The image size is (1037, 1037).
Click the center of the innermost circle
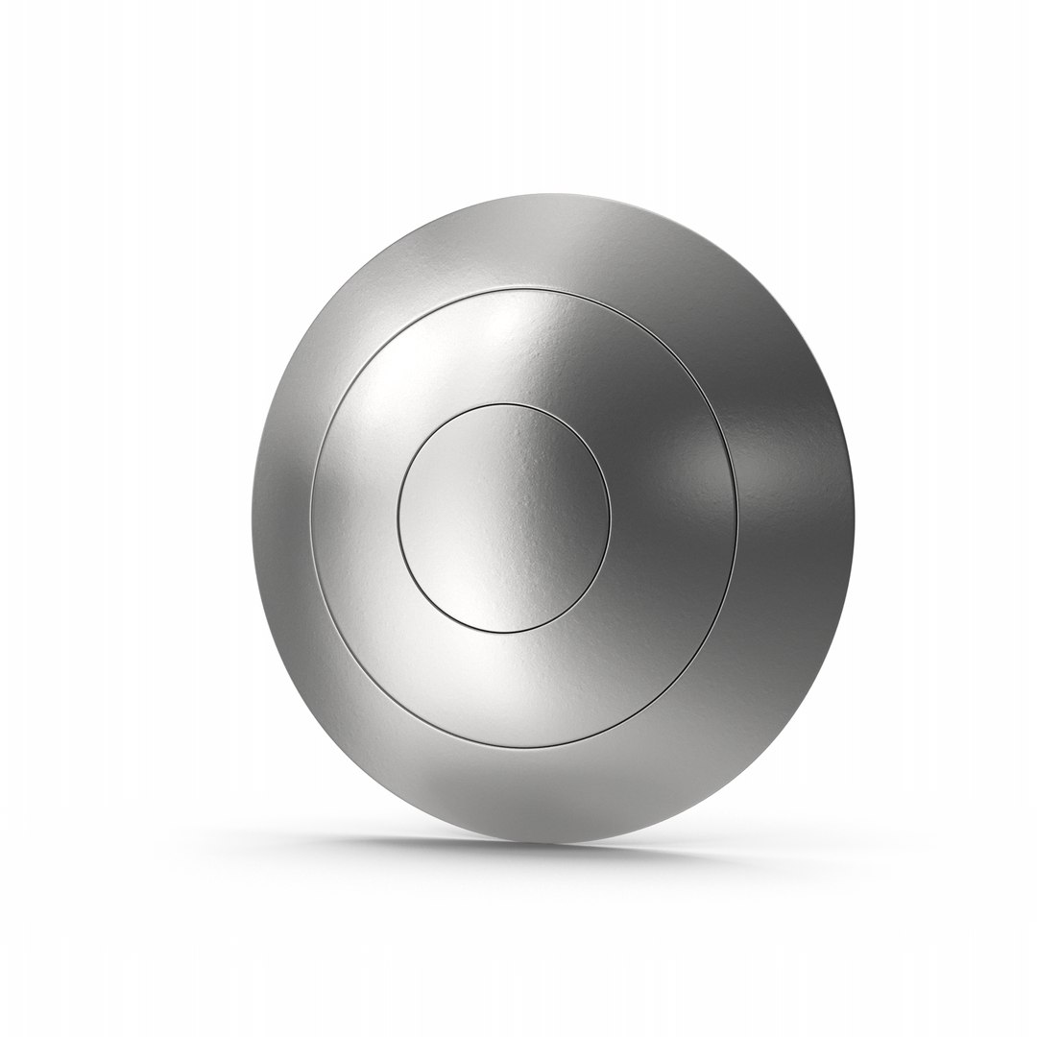coord(503,518)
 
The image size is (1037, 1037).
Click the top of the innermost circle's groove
coord(503,404)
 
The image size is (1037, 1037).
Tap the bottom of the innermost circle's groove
coord(503,634)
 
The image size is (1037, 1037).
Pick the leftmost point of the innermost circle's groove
coord(396,518)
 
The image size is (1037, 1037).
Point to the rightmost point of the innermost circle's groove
coord(611,518)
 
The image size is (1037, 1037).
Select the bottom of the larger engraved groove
coord(523,748)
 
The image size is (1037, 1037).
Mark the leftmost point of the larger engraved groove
coord(310,518)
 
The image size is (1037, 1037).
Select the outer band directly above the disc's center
coord(538,240)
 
